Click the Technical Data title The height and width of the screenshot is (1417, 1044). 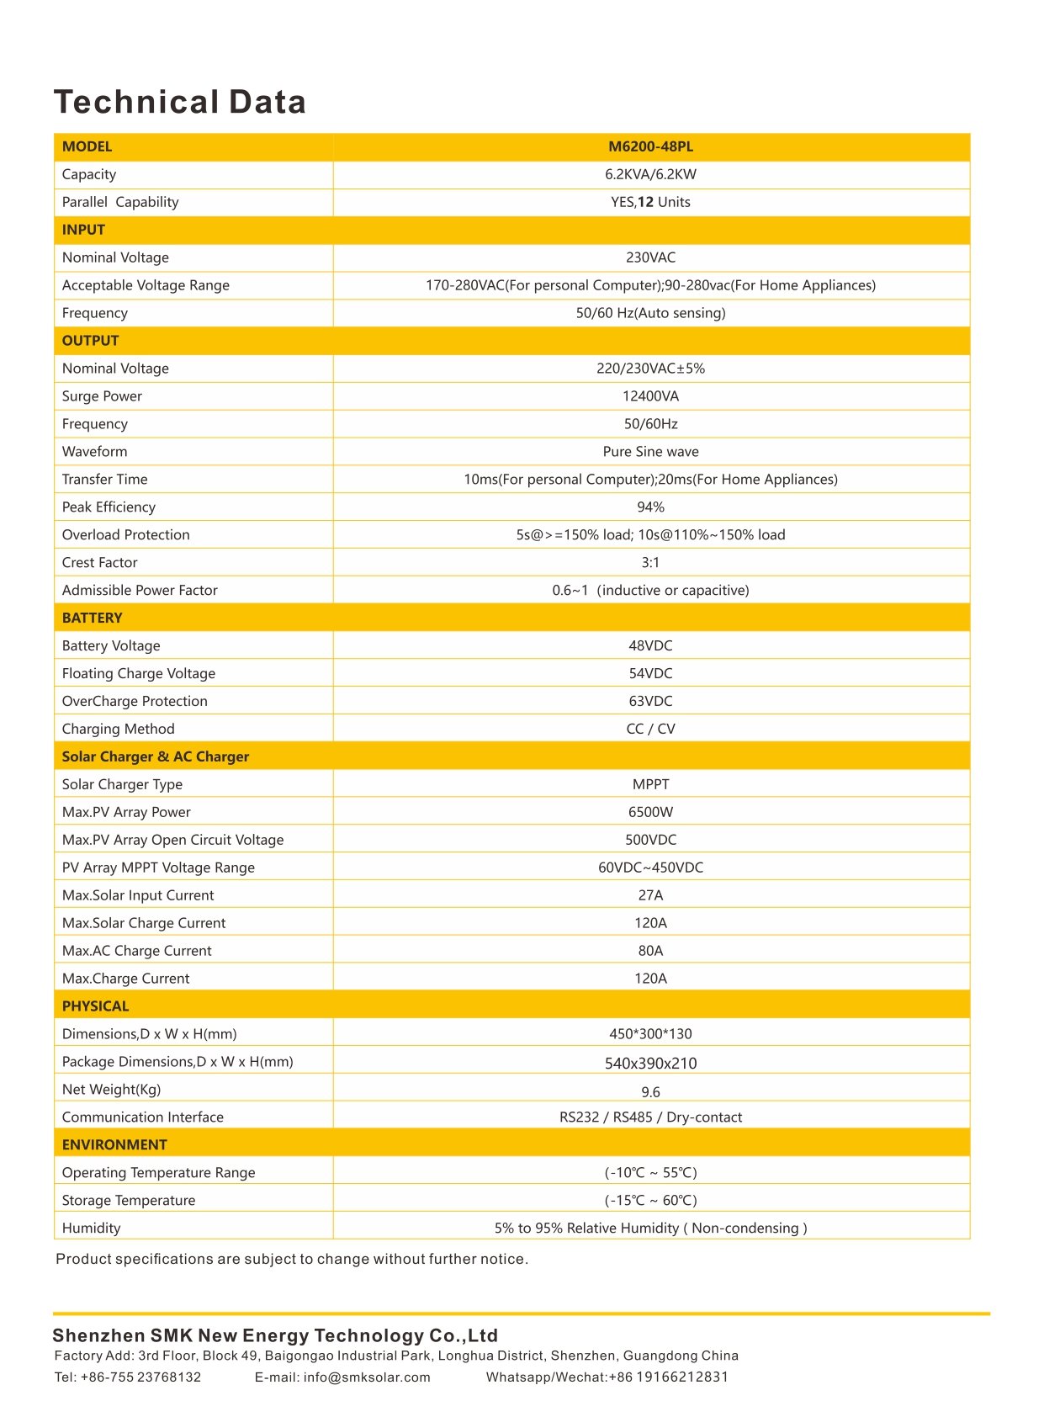point(180,102)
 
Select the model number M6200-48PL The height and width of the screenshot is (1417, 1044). point(650,146)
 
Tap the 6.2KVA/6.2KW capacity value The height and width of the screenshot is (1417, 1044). point(650,174)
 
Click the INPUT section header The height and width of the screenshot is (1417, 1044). point(83,230)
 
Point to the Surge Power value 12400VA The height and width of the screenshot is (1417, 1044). point(650,396)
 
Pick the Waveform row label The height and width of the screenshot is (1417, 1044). point(94,452)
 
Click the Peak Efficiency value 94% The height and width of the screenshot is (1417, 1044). point(650,507)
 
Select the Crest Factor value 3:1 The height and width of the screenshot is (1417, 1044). point(650,563)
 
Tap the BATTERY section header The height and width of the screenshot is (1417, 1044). point(92,618)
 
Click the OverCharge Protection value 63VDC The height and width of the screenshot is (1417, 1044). point(650,701)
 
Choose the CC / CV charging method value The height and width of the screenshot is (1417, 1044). point(650,729)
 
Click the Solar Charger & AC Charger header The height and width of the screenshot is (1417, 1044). point(156,756)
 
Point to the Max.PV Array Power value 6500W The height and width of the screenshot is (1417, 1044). point(650,812)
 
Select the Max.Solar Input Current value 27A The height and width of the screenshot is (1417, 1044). point(650,895)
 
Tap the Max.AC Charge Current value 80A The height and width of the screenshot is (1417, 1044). point(650,951)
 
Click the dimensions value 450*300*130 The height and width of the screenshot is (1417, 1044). point(650,1034)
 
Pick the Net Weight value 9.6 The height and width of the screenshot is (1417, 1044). point(650,1092)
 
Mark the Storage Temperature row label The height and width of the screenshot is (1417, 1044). point(129,1201)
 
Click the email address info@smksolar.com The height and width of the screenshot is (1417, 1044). point(367,1377)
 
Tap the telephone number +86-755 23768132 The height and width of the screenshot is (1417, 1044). point(140,1377)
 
